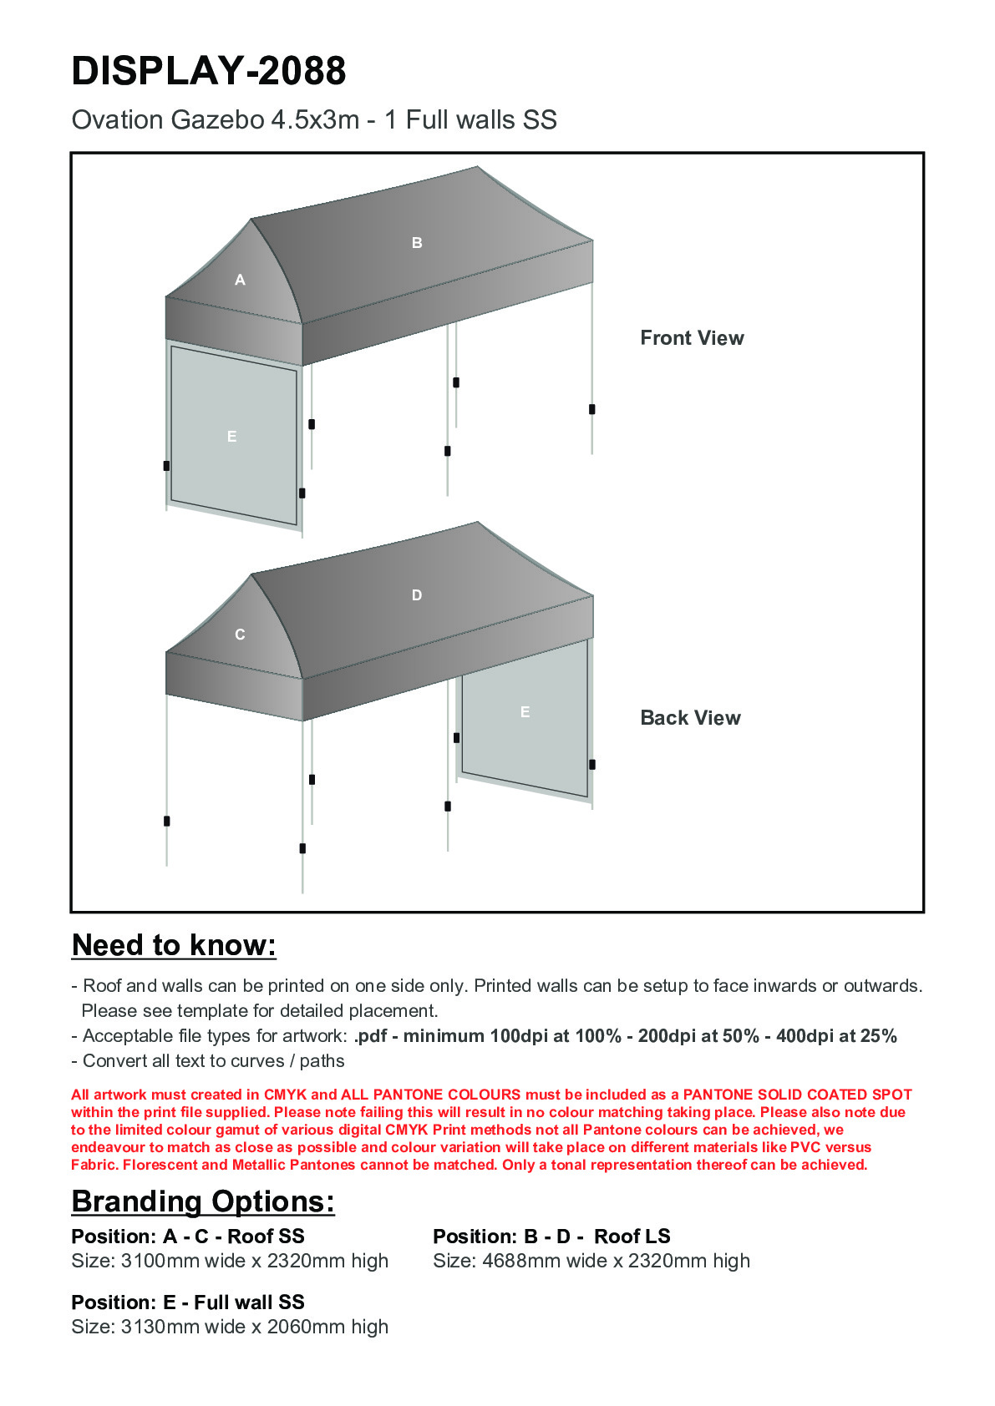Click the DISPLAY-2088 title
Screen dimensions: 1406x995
(x=209, y=71)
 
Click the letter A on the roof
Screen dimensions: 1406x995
(x=241, y=281)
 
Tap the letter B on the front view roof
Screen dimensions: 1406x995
(x=417, y=243)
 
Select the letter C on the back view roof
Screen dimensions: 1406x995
(x=240, y=635)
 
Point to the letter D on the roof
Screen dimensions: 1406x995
(x=417, y=595)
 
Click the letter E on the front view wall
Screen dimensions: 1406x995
(x=232, y=437)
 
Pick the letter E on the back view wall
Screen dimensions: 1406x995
(x=525, y=712)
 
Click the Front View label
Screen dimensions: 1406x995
(x=692, y=338)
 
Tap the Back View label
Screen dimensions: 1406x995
(x=690, y=718)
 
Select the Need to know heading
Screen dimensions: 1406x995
(x=174, y=945)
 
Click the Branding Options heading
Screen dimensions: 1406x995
(x=203, y=1201)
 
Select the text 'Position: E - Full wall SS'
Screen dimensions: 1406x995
(x=188, y=1302)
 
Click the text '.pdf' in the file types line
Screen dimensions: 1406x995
(x=371, y=1036)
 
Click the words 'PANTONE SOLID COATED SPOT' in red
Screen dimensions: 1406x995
(x=797, y=1095)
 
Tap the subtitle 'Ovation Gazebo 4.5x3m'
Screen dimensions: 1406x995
(x=216, y=120)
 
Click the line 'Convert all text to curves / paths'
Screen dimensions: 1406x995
(x=213, y=1061)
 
